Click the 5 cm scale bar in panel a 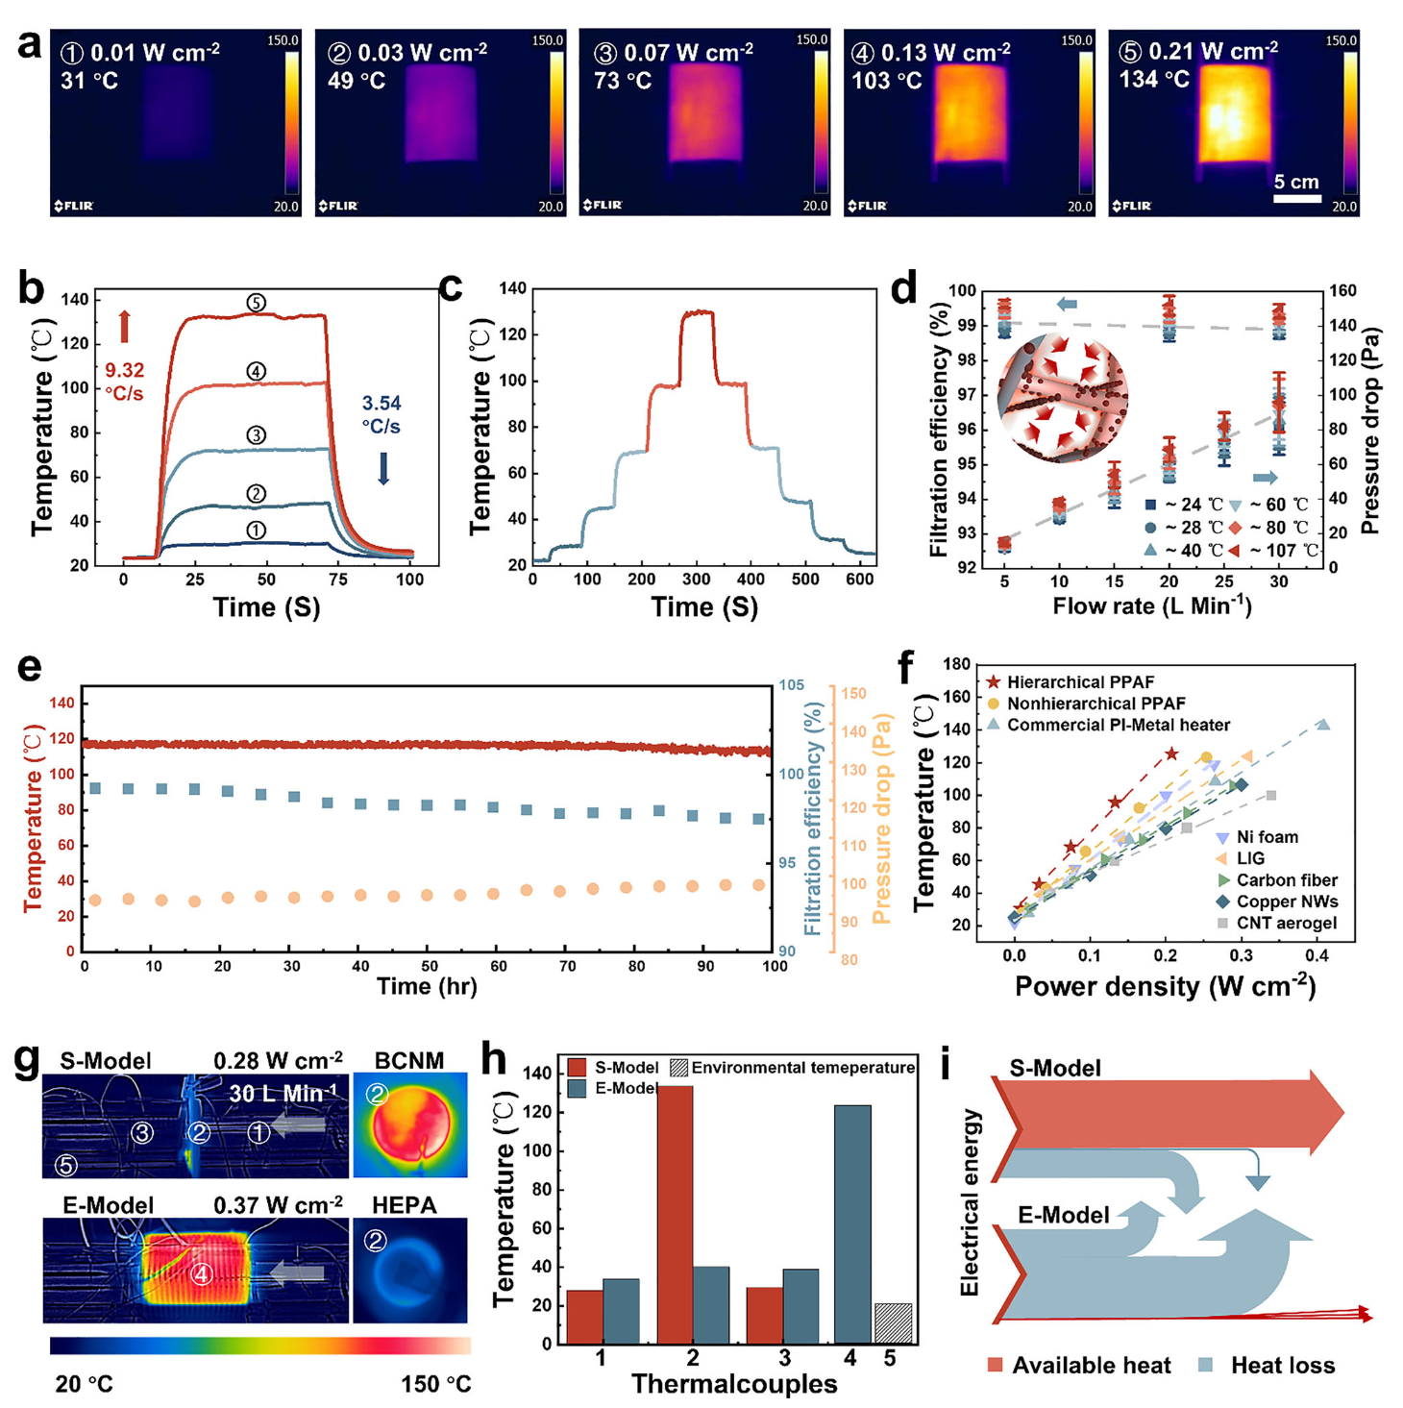[1296, 198]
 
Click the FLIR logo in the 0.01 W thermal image [74, 206]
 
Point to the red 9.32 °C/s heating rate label [124, 381]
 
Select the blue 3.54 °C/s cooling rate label [382, 414]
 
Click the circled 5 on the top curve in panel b [256, 303]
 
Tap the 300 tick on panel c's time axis [697, 580]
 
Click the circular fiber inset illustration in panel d [1062, 398]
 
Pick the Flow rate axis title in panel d [1151, 606]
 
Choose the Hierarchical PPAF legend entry [1071, 682]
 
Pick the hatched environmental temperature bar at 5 [893, 1323]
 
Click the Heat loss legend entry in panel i [1268, 1366]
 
